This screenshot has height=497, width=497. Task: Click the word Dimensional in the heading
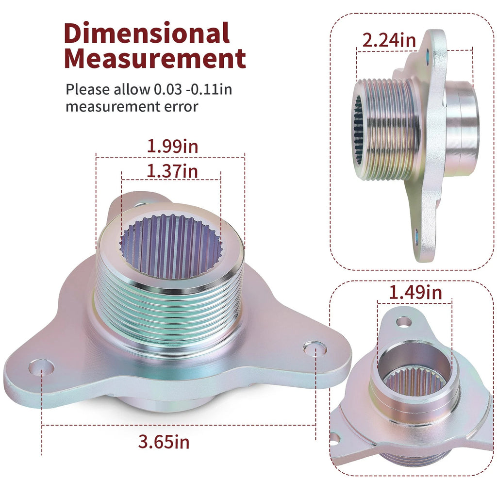click(x=147, y=33)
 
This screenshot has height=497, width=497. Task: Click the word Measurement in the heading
click(x=155, y=58)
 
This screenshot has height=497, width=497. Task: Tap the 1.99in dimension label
click(x=173, y=147)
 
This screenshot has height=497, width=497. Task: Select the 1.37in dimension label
click(x=172, y=171)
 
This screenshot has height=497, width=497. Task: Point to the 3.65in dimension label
click(x=164, y=442)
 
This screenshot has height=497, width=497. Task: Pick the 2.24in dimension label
click(x=389, y=41)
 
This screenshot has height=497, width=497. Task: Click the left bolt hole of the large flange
click(x=41, y=367)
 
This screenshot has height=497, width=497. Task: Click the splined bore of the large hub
click(x=171, y=246)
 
